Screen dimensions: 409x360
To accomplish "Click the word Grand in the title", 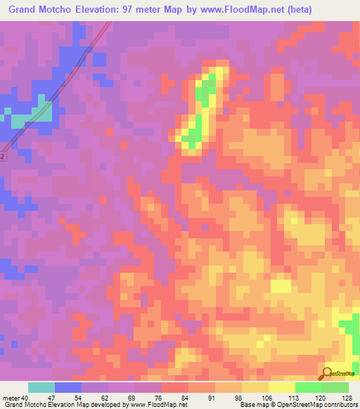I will [x=24, y=9].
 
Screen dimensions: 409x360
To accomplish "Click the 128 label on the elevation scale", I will [x=347, y=398].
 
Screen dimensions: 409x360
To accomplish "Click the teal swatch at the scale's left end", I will [x=41, y=387].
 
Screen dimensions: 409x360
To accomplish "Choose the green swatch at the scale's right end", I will [x=335, y=387].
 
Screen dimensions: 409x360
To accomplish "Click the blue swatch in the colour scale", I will [x=67, y=387].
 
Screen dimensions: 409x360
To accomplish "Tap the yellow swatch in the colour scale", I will [x=281, y=387].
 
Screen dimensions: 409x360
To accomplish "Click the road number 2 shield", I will [x=3, y=157].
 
